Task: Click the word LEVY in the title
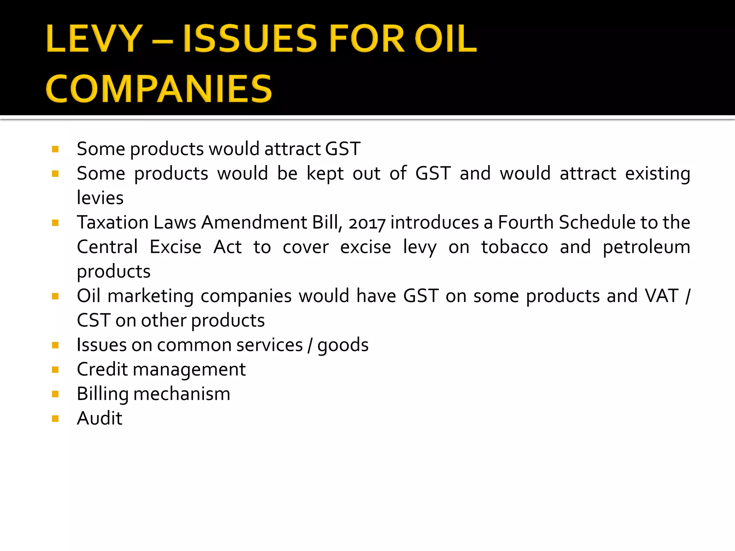point(94,38)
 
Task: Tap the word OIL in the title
point(446,38)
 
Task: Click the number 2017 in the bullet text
point(367,223)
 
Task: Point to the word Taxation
point(113,222)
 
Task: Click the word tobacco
point(515,247)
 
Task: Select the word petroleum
point(646,247)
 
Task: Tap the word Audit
point(100,418)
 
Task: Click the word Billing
point(103,394)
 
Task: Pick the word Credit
point(102,369)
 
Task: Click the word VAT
point(661,296)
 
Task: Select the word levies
point(100,198)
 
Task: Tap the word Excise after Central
point(175,247)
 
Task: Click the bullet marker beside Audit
point(55,419)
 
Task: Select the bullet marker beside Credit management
point(55,369)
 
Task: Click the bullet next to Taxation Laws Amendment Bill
point(55,223)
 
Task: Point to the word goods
point(343,345)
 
